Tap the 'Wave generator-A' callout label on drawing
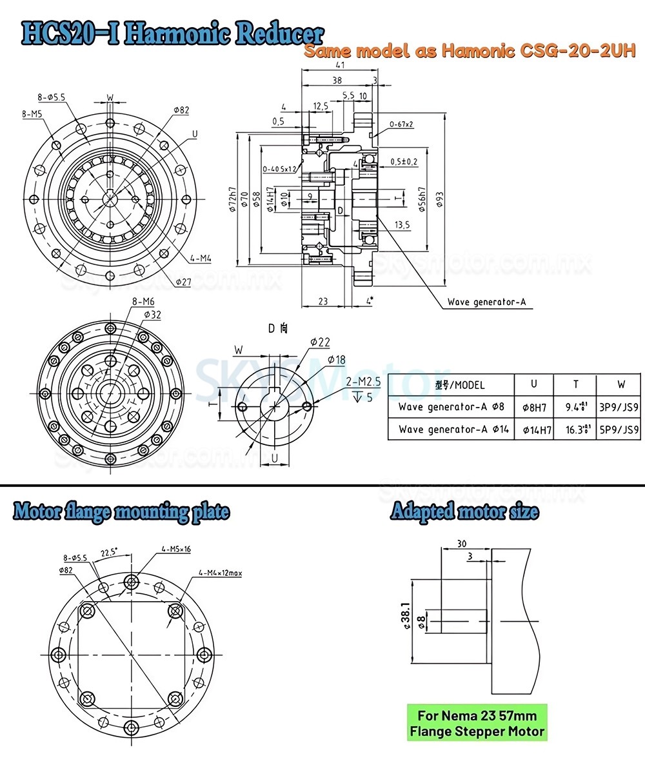click(x=490, y=302)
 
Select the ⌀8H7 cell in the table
click(x=533, y=407)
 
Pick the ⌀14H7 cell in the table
click(x=533, y=429)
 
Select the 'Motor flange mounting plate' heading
click(x=121, y=513)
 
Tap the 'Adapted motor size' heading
click(x=464, y=513)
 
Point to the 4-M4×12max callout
click(x=220, y=572)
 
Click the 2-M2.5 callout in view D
click(x=362, y=382)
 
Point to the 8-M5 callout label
click(x=32, y=115)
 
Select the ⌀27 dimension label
click(x=184, y=281)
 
